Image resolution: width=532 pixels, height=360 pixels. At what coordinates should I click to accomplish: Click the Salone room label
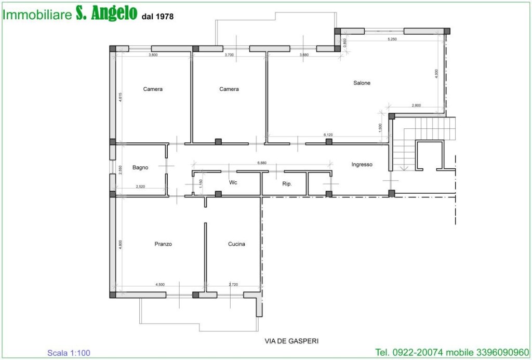coord(362,83)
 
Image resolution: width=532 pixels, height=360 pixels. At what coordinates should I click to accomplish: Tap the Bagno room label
coord(140,168)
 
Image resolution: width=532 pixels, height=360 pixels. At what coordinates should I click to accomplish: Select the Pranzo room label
coord(163,244)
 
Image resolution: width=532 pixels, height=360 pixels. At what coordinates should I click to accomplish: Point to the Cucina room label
coord(236,244)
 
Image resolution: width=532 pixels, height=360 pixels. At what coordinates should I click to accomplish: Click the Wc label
coord(233,182)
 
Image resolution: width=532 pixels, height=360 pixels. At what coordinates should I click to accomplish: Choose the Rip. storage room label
coord(287,184)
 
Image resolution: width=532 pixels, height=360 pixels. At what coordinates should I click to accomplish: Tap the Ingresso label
coord(362,165)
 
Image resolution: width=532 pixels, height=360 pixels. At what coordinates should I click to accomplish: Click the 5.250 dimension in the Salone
coord(392,39)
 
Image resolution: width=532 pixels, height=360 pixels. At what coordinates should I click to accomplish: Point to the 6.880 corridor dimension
coord(262,163)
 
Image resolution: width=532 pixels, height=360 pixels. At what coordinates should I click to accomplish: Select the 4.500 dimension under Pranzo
coord(160,284)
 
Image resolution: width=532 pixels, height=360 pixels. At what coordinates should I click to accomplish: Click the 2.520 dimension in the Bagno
coord(140,186)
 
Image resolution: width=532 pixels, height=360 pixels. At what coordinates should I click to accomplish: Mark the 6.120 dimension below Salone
coord(328,135)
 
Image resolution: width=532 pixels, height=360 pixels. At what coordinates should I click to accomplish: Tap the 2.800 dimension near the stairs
coord(416,105)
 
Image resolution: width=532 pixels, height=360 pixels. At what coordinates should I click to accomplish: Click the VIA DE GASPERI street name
coord(291,341)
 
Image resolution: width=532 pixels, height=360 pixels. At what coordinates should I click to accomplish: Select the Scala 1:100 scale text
coord(69,353)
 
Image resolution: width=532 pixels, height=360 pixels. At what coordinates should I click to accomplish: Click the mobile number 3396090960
coord(503,353)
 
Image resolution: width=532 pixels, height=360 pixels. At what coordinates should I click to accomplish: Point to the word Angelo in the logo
coord(114,13)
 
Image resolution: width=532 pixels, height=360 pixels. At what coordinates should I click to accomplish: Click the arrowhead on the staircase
coord(404,168)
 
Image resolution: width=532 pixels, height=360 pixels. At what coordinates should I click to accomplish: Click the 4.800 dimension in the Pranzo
coord(121,245)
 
